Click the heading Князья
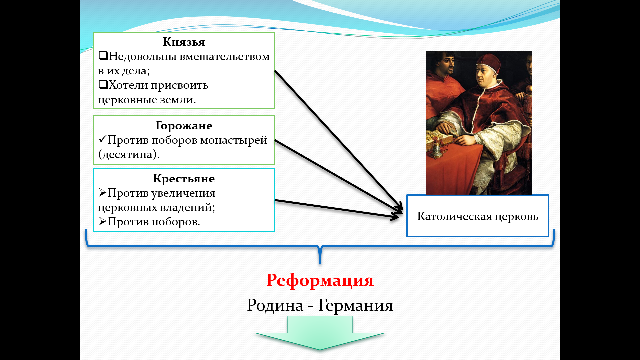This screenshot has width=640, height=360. [x=184, y=42]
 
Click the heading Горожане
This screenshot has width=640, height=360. [x=184, y=126]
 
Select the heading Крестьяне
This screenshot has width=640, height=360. [x=184, y=179]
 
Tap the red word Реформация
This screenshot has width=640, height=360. [x=320, y=280]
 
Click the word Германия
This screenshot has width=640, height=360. [x=356, y=305]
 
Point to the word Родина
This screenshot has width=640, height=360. [x=275, y=305]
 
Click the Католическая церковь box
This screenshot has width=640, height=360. [x=478, y=216]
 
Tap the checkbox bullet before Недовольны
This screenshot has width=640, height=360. [x=103, y=56]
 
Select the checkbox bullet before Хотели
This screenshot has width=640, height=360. [x=103, y=84]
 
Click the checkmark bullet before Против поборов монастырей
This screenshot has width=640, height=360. [x=103, y=139]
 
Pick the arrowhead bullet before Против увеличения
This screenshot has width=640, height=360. [x=103, y=192]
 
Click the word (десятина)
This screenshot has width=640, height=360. [x=129, y=154]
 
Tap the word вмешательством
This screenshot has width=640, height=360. [x=225, y=56]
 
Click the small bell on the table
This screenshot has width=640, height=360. [x=437, y=151]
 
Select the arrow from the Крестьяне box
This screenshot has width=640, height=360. [x=337, y=209]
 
